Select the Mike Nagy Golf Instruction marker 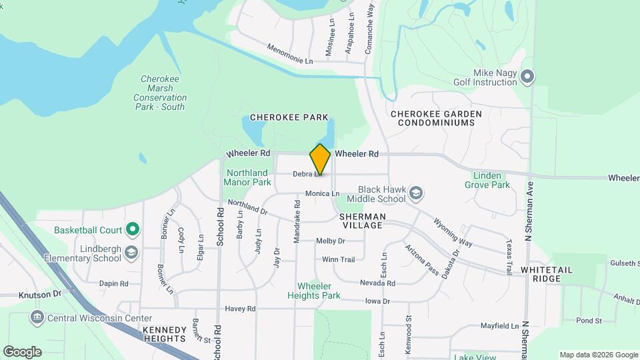point(527,77)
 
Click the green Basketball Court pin point(132,231)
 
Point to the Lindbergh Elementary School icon point(131,252)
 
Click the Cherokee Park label point(289,117)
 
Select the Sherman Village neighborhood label point(362,221)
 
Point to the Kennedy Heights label point(164,334)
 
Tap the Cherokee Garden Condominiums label point(436,119)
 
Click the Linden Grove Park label point(491,181)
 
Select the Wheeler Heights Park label point(314,291)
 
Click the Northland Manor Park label point(247,177)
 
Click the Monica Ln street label point(322,193)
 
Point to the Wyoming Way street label point(453,232)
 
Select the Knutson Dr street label point(30,293)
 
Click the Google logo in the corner point(22,352)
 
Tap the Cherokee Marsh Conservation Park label point(160,93)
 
